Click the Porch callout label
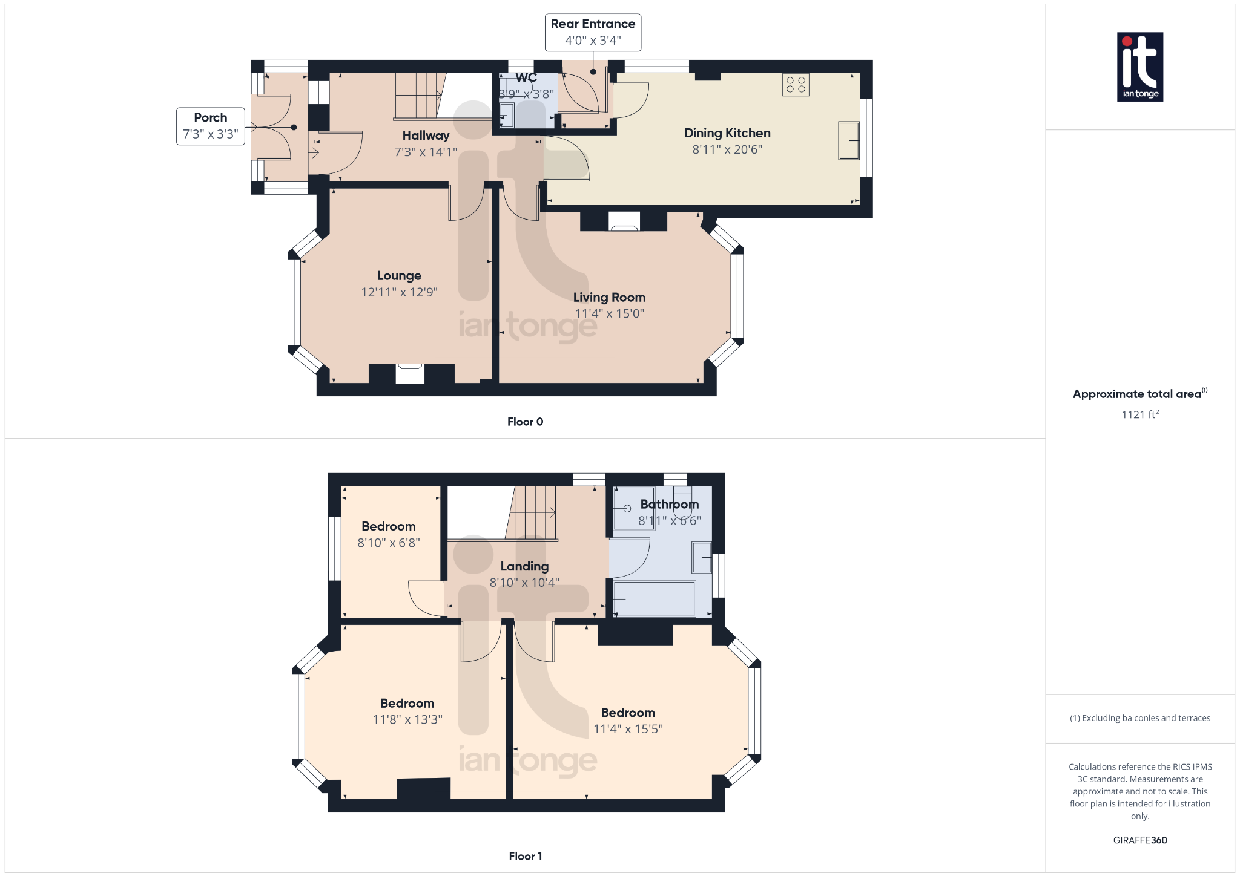(211, 126)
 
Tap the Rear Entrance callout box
(593, 32)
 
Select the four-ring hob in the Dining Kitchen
(796, 85)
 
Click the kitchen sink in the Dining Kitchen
(848, 140)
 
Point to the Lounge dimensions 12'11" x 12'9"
(399, 292)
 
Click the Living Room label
(609, 297)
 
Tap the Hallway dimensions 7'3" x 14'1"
(426, 152)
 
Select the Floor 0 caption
(525, 422)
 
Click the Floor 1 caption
(525, 856)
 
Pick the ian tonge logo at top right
(1139, 67)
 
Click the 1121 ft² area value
(1139, 414)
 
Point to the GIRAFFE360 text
(1139, 840)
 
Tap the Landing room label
(524, 566)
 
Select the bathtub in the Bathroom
(654, 599)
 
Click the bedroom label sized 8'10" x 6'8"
(388, 526)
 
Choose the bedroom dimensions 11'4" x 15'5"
(628, 729)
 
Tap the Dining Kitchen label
(727, 133)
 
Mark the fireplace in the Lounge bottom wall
(410, 373)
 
